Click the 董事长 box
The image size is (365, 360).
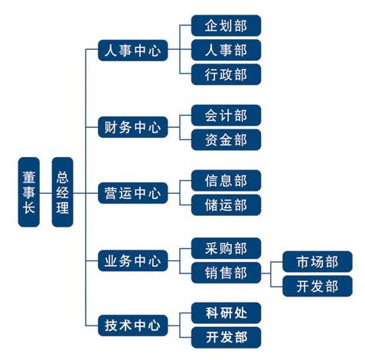[29, 192]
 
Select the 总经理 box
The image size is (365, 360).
[63, 192]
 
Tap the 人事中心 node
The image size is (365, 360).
[133, 51]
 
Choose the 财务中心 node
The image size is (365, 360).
[133, 127]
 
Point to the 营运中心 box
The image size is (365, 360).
[133, 193]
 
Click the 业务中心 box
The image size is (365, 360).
[133, 260]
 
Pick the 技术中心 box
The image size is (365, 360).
[133, 326]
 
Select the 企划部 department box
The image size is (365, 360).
[226, 25]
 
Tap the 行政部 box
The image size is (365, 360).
[226, 74]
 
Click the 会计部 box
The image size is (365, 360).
[226, 116]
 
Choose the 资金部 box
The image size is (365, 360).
[226, 139]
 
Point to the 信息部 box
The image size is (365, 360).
[226, 181]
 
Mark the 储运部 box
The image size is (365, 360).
[226, 205]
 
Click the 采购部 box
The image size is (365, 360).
[226, 248]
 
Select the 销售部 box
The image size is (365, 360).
[226, 273]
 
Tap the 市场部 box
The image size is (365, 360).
[318, 262]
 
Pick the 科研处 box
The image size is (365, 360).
[226, 313]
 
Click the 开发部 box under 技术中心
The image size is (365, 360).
[226, 338]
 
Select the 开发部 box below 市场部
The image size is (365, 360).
[318, 286]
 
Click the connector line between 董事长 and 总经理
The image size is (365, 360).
[46, 193]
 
